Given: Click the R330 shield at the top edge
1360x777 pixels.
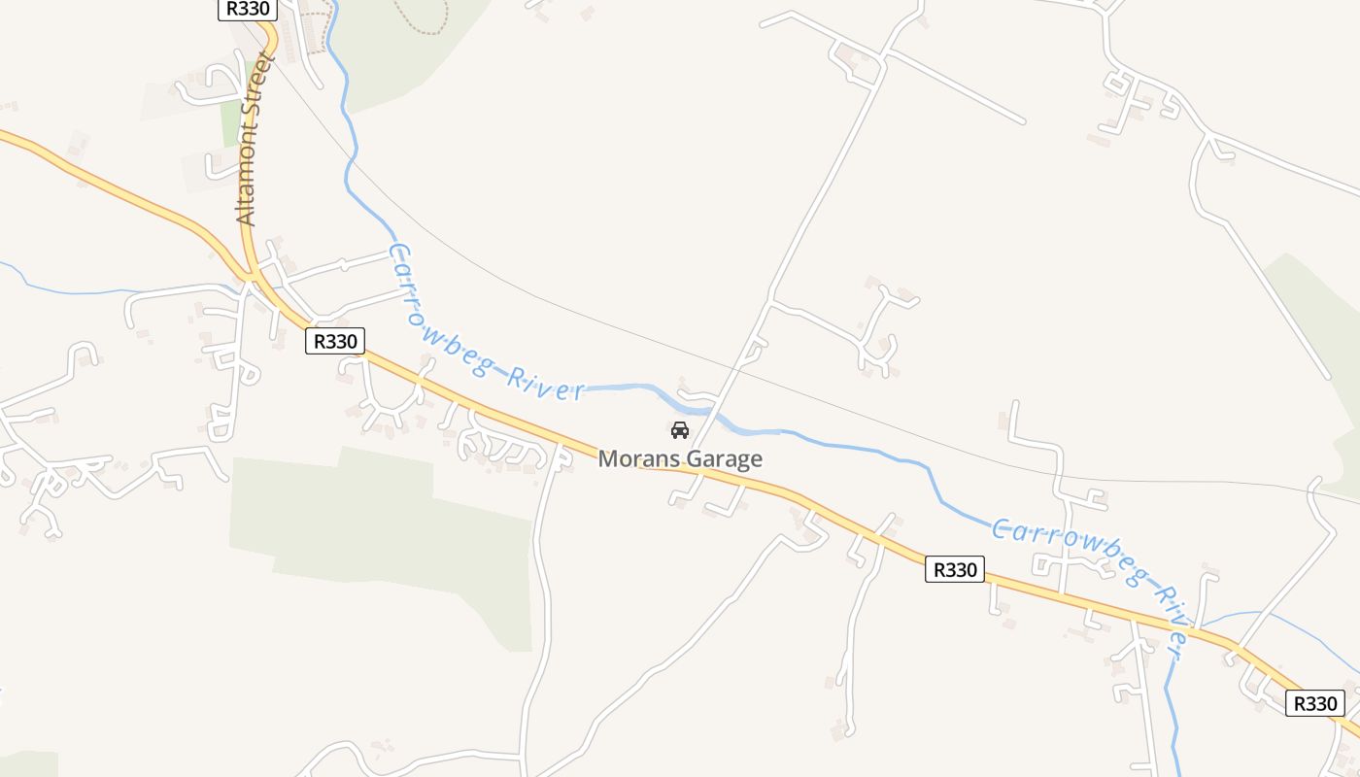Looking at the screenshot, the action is (247, 9).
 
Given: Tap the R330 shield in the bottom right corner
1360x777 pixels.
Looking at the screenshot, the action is (1314, 703).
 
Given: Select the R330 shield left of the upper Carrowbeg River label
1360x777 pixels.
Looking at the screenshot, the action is (335, 341).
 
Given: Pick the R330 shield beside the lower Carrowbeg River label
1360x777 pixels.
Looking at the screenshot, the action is (954, 569).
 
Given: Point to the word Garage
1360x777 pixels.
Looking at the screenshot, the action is (724, 458).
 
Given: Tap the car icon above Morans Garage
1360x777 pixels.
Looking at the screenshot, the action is (680, 429).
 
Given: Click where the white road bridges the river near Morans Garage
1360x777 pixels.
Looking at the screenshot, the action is (714, 407).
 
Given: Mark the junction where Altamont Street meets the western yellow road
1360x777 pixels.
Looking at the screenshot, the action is (250, 276).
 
